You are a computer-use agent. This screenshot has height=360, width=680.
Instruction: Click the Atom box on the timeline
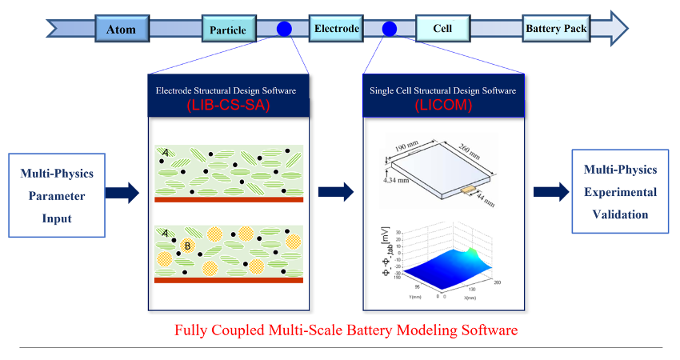click(x=121, y=30)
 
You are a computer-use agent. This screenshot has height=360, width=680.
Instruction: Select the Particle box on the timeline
click(x=228, y=30)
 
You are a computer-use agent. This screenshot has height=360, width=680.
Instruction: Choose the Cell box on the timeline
click(x=442, y=29)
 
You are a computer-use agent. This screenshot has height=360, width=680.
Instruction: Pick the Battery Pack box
click(x=556, y=29)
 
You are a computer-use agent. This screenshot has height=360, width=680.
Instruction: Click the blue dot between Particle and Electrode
click(x=284, y=30)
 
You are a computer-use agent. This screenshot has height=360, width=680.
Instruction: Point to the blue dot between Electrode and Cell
click(x=390, y=30)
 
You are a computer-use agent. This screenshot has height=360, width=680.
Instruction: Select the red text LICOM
click(x=442, y=106)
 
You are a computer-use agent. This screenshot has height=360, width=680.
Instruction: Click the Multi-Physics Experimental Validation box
click(x=619, y=192)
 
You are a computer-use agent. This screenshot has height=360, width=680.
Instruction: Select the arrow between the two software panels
click(x=335, y=192)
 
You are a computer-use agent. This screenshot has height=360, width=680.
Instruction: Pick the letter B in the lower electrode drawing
click(x=186, y=246)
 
